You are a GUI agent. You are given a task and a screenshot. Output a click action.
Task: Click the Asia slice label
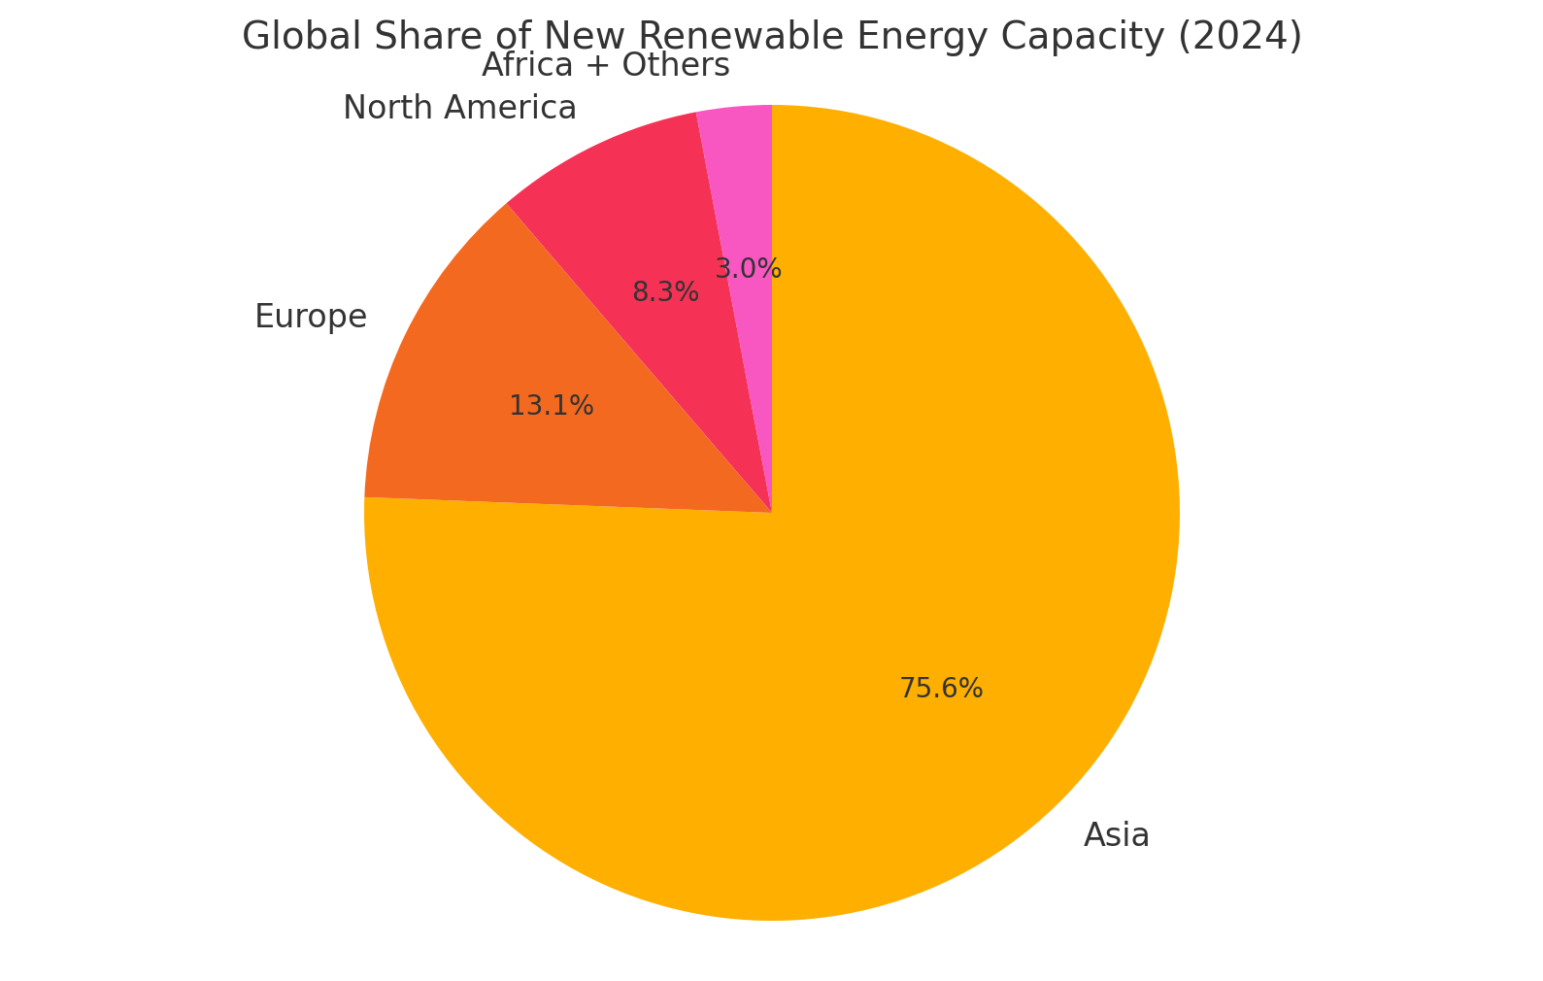click(1116, 835)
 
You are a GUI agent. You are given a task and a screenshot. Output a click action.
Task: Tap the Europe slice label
click(311, 317)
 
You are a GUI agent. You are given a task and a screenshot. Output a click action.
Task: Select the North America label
click(459, 108)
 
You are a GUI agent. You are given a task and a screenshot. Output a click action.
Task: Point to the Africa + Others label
click(605, 65)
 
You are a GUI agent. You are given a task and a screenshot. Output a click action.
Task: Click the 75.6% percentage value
click(940, 689)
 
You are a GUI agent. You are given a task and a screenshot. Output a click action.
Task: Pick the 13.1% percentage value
click(551, 406)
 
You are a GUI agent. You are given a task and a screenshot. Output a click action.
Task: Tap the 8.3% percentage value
click(665, 292)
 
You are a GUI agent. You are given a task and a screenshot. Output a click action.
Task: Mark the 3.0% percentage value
click(748, 269)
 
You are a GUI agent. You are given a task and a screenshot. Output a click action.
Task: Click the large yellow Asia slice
click(874, 583)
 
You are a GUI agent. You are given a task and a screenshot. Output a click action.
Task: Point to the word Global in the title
click(292, 37)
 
